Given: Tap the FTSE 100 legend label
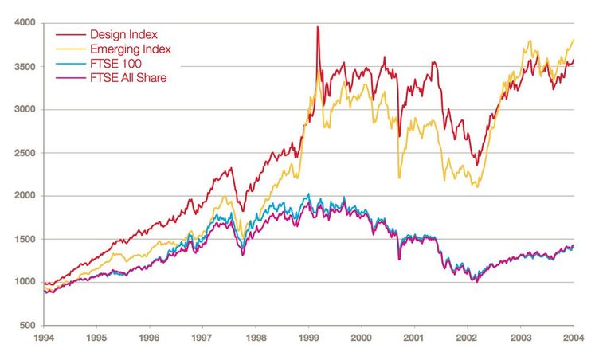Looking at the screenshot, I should click(x=115, y=64).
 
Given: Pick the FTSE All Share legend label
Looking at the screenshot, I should click(x=128, y=78).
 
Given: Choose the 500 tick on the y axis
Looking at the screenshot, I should click(x=28, y=325).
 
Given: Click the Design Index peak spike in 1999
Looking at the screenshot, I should click(x=318, y=27).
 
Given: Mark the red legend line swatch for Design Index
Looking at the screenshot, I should click(x=69, y=35).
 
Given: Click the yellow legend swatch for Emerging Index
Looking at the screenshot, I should click(x=69, y=49).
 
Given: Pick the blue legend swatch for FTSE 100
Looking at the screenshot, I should click(x=69, y=64).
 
